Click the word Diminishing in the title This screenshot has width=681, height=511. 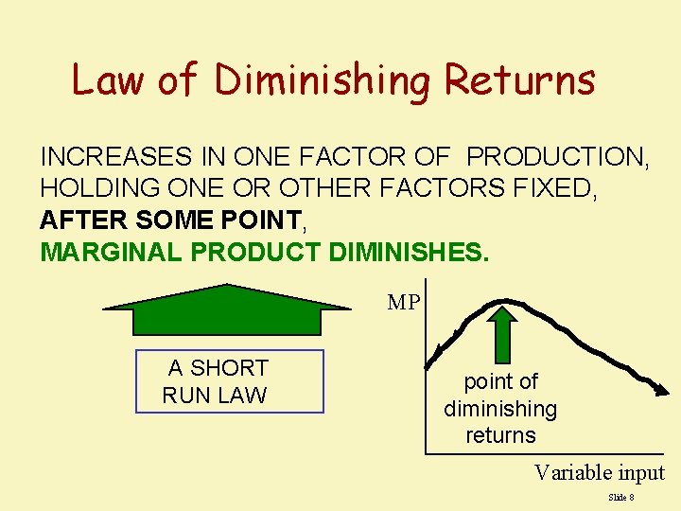(x=323, y=79)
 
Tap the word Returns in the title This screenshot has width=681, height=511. (x=520, y=79)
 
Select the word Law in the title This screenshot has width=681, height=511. (x=108, y=79)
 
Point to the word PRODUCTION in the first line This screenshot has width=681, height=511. (x=558, y=157)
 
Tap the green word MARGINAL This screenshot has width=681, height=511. (x=112, y=253)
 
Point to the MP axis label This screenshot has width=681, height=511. (x=404, y=303)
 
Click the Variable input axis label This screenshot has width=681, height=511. (x=599, y=472)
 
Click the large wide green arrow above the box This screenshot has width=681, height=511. (x=227, y=310)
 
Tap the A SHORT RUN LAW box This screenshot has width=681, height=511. (x=230, y=381)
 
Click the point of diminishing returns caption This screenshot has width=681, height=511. (x=500, y=408)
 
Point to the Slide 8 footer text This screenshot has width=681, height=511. (x=620, y=497)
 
